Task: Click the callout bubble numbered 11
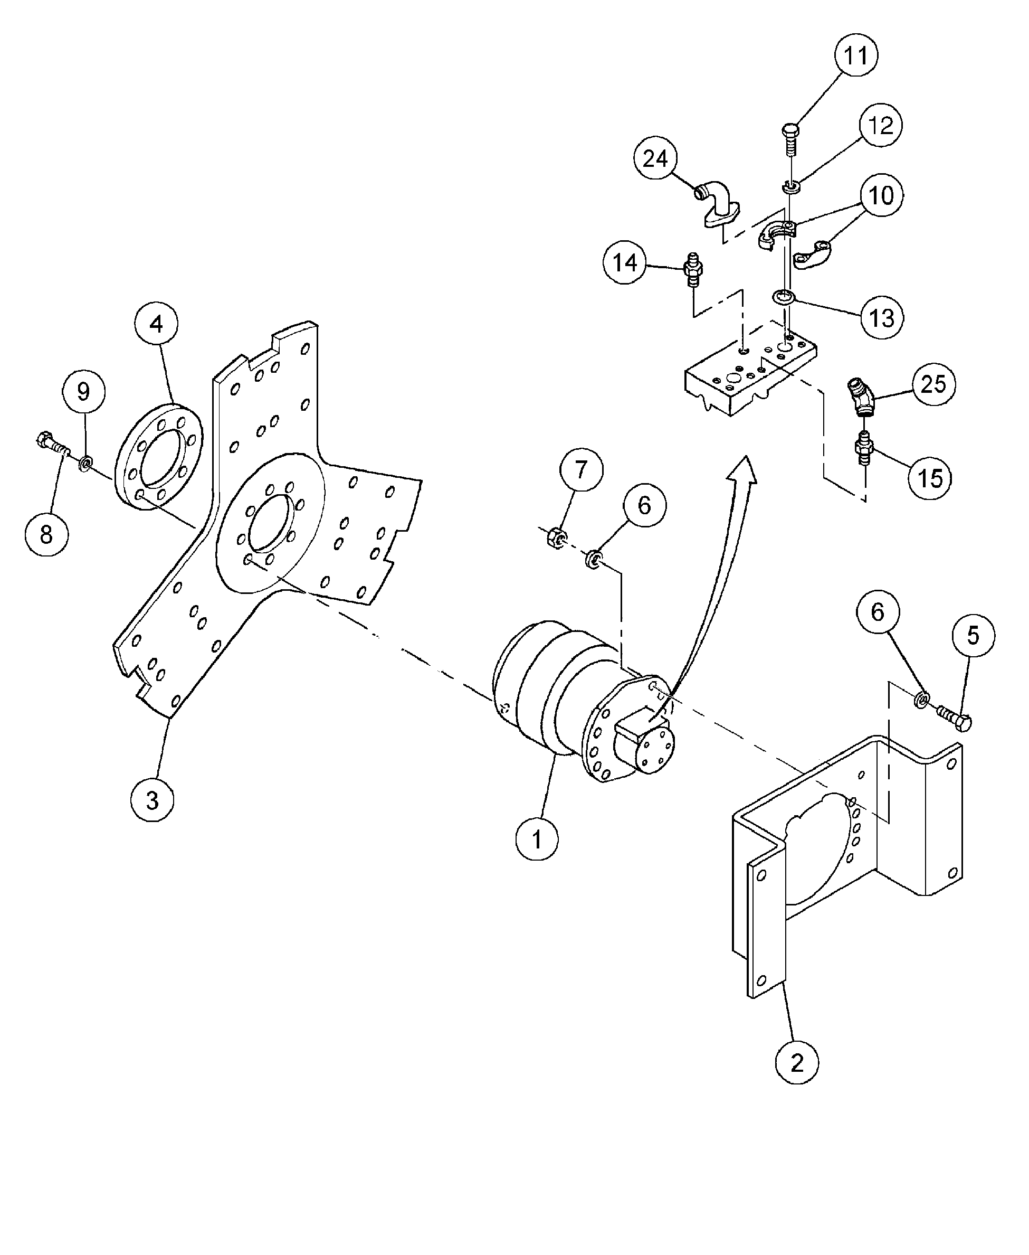point(855,55)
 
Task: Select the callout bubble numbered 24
point(655,158)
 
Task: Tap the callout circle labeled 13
point(881,317)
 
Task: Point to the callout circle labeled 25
point(933,384)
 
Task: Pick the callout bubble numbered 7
point(581,470)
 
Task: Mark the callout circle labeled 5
point(973,635)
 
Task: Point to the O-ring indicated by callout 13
point(785,296)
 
